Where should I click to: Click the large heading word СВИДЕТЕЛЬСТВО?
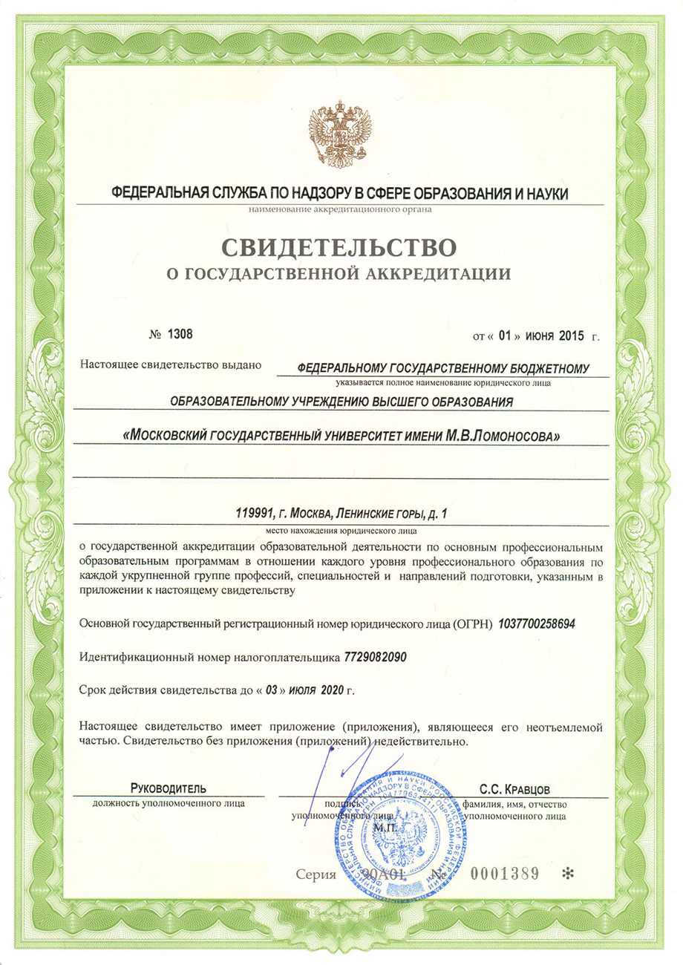(341, 244)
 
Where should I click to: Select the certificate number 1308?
(179, 333)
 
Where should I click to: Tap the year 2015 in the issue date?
(571, 335)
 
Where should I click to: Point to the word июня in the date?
(539, 335)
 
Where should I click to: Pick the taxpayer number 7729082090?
(376, 657)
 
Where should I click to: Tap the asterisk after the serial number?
(568, 874)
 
